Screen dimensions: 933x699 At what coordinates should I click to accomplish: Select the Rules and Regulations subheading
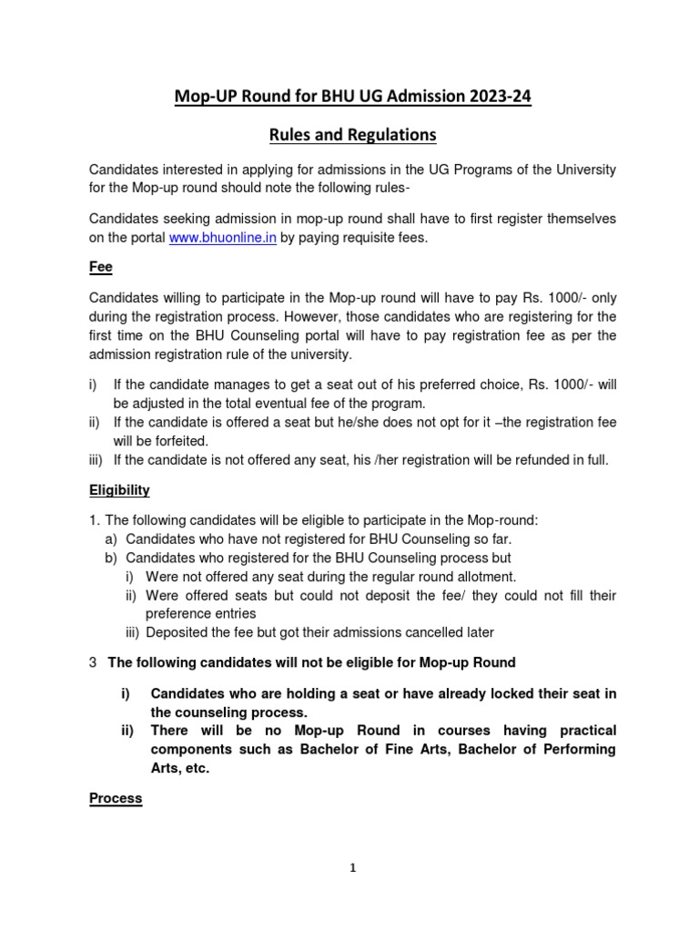[x=352, y=135]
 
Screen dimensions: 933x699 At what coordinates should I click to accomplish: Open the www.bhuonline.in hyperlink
[x=223, y=238]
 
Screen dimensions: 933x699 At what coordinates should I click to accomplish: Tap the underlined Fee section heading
[x=99, y=269]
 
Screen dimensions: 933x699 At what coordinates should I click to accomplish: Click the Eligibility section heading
[x=119, y=490]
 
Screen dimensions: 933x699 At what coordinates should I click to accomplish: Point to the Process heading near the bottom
[x=116, y=798]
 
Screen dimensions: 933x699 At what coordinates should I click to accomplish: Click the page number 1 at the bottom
[x=353, y=868]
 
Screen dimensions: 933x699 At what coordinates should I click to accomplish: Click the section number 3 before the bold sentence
[x=93, y=662]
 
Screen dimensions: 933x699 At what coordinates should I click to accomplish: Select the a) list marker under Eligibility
[x=113, y=538]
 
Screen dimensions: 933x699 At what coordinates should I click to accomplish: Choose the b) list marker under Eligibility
[x=113, y=558]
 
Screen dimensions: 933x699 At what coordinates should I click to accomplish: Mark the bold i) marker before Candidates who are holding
[x=127, y=693]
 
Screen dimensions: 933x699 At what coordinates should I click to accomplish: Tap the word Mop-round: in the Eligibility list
[x=503, y=520]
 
